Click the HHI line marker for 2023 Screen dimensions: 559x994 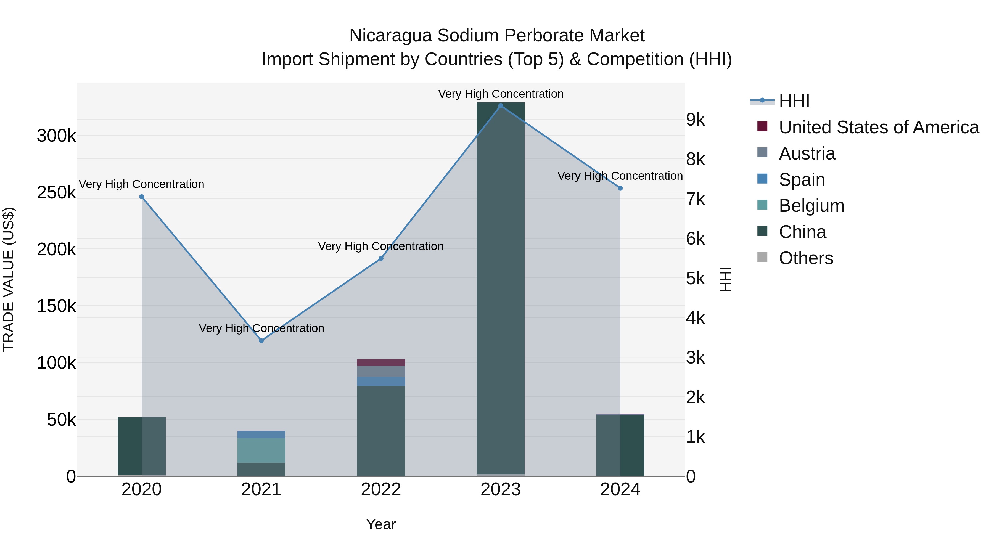[x=501, y=106]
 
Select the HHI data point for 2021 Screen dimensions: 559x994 [x=261, y=341]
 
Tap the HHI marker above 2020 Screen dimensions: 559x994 [x=142, y=197]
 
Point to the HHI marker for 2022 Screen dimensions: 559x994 [x=381, y=258]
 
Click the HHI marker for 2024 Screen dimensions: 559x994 [x=620, y=188]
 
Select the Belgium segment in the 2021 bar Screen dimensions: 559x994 [x=261, y=450]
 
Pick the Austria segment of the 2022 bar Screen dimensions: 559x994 [x=381, y=372]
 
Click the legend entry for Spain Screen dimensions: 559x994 [x=802, y=180]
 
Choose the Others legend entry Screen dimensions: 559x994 [x=806, y=258]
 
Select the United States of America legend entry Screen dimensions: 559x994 [x=878, y=127]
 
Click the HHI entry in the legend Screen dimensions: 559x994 [x=794, y=101]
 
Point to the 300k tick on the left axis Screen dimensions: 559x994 [x=56, y=136]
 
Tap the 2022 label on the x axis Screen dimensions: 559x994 [x=381, y=489]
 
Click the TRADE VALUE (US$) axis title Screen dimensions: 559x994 [x=9, y=279]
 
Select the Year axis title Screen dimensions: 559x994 [x=381, y=524]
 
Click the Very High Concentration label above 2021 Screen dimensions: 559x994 [x=261, y=328]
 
